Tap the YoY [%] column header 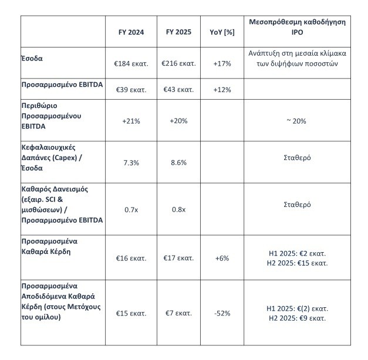[x=222, y=32]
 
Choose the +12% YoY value [x=222, y=90]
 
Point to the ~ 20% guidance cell [x=297, y=121]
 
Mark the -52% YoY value [x=222, y=313]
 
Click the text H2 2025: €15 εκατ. [x=297, y=263]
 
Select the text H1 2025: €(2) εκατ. [x=297, y=308]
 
